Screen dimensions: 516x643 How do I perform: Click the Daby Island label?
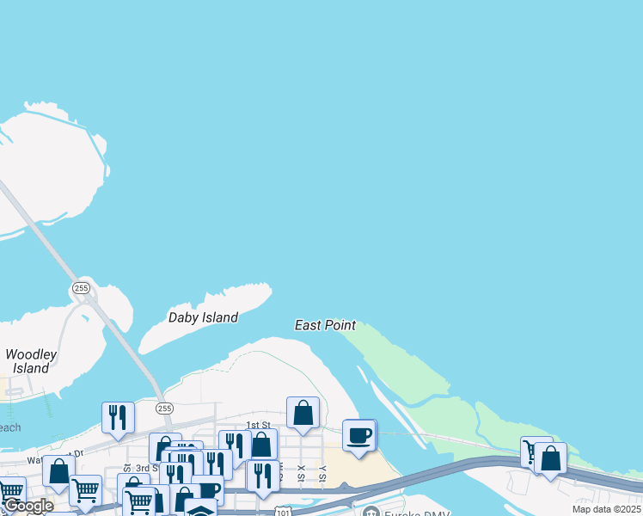pos(203,317)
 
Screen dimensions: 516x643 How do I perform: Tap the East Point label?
pos(325,325)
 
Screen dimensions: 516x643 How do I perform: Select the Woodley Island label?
pos(31,361)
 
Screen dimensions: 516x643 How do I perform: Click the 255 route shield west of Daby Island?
pos(81,288)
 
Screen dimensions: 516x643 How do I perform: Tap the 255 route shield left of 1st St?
pos(165,408)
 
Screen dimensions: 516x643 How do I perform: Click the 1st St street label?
pos(258,425)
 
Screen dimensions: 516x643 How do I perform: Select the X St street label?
pos(301,474)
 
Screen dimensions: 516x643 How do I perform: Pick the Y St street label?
pos(322,474)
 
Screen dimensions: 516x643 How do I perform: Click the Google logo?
pos(28,506)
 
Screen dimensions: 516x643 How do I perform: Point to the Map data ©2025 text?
pos(607,509)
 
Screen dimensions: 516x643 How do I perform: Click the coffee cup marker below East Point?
pos(358,434)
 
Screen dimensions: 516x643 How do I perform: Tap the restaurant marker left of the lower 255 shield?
pos(118,417)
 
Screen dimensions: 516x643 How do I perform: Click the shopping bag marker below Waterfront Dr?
pos(58,470)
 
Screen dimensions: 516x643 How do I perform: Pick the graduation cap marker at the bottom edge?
pos(200,508)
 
